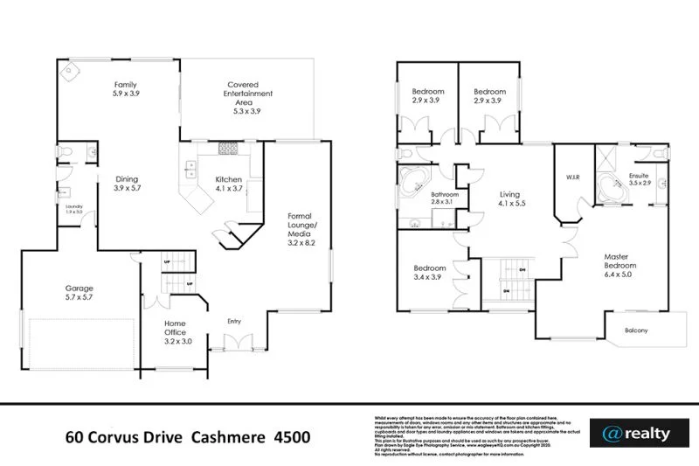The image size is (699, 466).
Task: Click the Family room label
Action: click(126, 87)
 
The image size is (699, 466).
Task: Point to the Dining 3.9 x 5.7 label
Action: click(127, 183)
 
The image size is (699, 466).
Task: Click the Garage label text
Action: click(80, 292)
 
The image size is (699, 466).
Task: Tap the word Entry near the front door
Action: click(233, 321)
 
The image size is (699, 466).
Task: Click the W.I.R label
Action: click(574, 177)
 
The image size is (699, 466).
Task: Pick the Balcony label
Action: click(636, 330)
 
